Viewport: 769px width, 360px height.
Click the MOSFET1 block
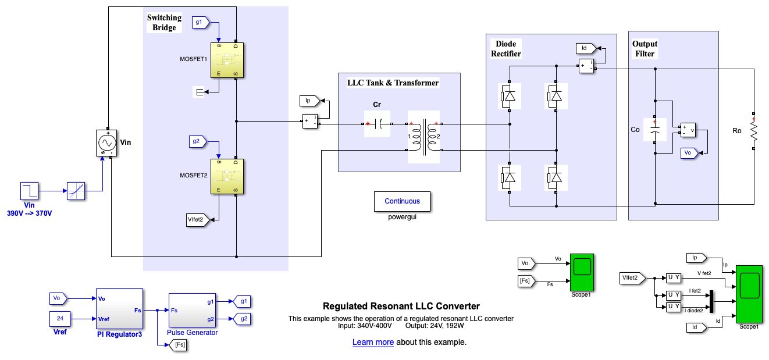pos(227,59)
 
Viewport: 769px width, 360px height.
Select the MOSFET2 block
pos(227,176)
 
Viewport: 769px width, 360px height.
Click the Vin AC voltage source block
pos(106,142)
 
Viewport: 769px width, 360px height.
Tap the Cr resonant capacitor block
pos(377,123)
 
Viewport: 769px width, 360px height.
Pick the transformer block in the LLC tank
pos(423,137)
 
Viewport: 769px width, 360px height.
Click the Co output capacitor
pos(655,130)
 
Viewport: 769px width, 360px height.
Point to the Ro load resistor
pos(753,131)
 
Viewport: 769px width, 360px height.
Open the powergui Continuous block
pos(402,201)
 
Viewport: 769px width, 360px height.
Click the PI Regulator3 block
pos(119,309)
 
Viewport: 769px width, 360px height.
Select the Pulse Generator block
pos(192,310)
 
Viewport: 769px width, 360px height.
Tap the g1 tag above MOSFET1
pos(200,23)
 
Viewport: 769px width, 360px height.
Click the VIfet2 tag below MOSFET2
pos(197,219)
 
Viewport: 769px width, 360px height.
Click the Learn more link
pos(373,342)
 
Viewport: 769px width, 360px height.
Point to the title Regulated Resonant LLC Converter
pos(401,306)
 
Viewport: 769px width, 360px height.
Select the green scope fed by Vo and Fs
pos(582,272)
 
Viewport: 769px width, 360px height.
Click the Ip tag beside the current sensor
pos(309,101)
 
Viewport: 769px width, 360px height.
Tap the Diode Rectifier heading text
pos(505,49)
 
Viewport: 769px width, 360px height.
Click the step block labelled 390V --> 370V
pos(29,190)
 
